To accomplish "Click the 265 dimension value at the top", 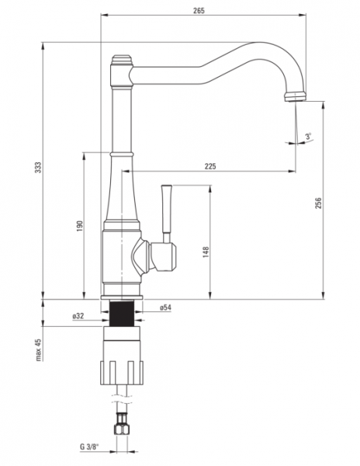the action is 199,11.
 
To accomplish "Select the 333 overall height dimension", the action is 39,167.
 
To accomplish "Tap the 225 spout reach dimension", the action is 210,166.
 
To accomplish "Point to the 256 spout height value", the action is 318,203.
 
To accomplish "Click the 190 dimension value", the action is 80,226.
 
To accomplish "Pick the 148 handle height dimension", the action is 206,252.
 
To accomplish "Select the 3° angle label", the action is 309,137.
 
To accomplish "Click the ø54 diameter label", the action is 165,308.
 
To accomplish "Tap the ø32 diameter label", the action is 78,316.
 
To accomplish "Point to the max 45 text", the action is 39,349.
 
